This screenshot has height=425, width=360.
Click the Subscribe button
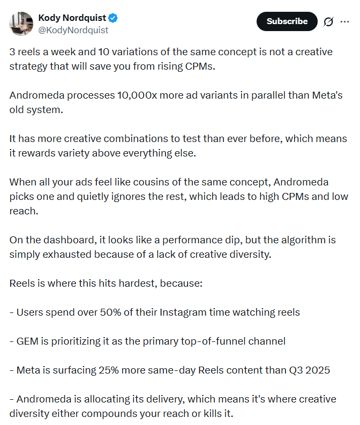(287, 21)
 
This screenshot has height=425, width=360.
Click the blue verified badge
(114, 18)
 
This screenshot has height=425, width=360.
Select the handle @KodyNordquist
(73, 30)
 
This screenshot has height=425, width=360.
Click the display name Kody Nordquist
(72, 18)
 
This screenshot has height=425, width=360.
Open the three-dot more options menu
(344, 21)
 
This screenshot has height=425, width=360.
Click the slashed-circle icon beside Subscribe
(328, 21)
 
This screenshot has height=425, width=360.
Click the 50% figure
(111, 312)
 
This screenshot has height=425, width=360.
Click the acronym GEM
(27, 341)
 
